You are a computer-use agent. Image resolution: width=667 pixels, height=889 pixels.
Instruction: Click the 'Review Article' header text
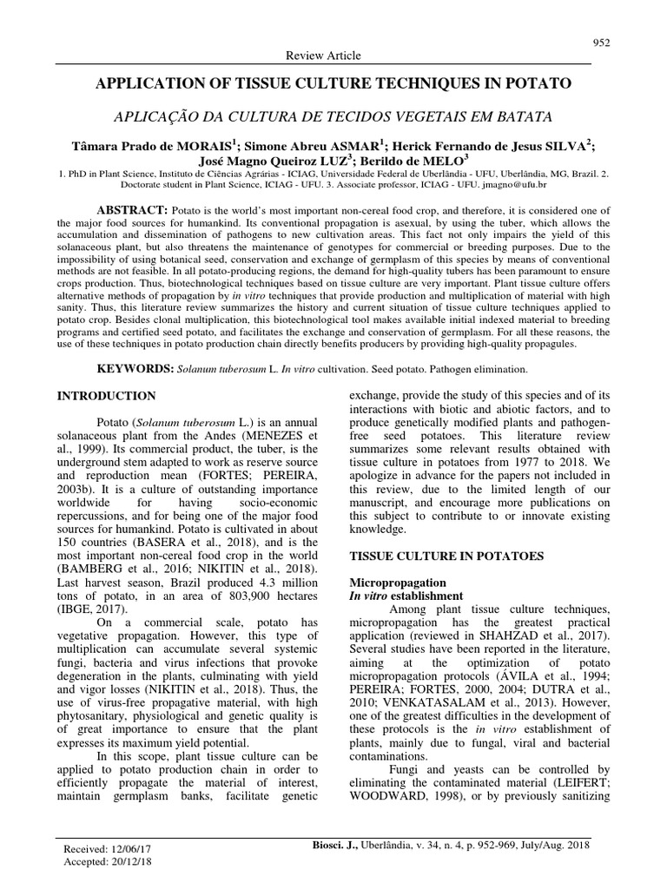323,56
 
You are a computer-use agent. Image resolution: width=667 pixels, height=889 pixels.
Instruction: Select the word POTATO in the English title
542,84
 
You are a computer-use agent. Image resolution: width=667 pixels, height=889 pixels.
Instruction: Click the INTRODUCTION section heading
106,396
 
